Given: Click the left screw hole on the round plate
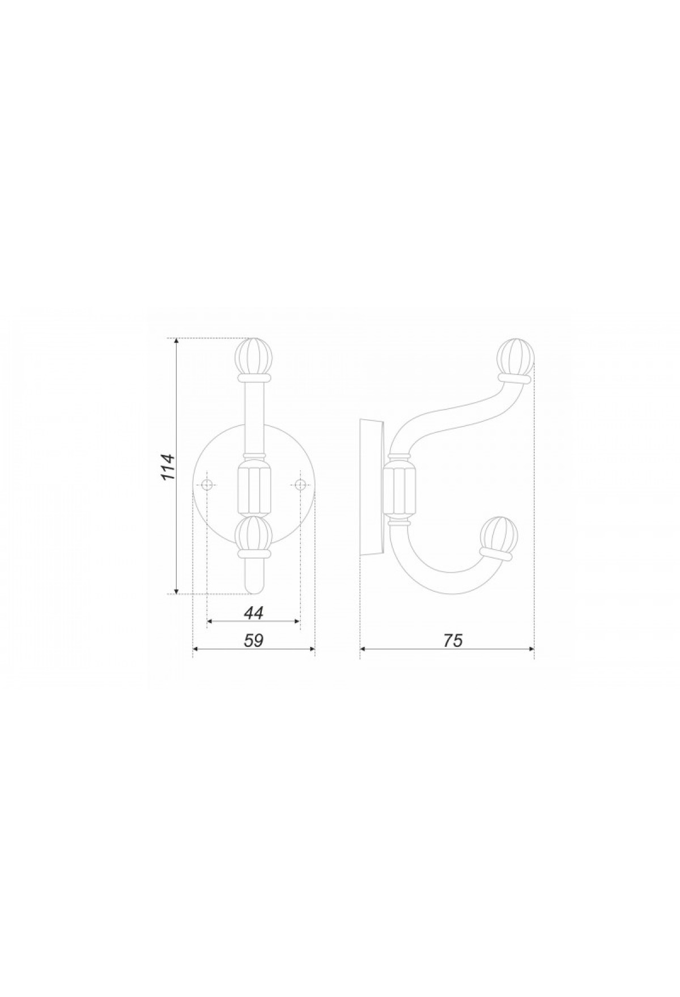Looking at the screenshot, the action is [207, 484].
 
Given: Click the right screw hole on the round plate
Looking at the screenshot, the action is [300, 484].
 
